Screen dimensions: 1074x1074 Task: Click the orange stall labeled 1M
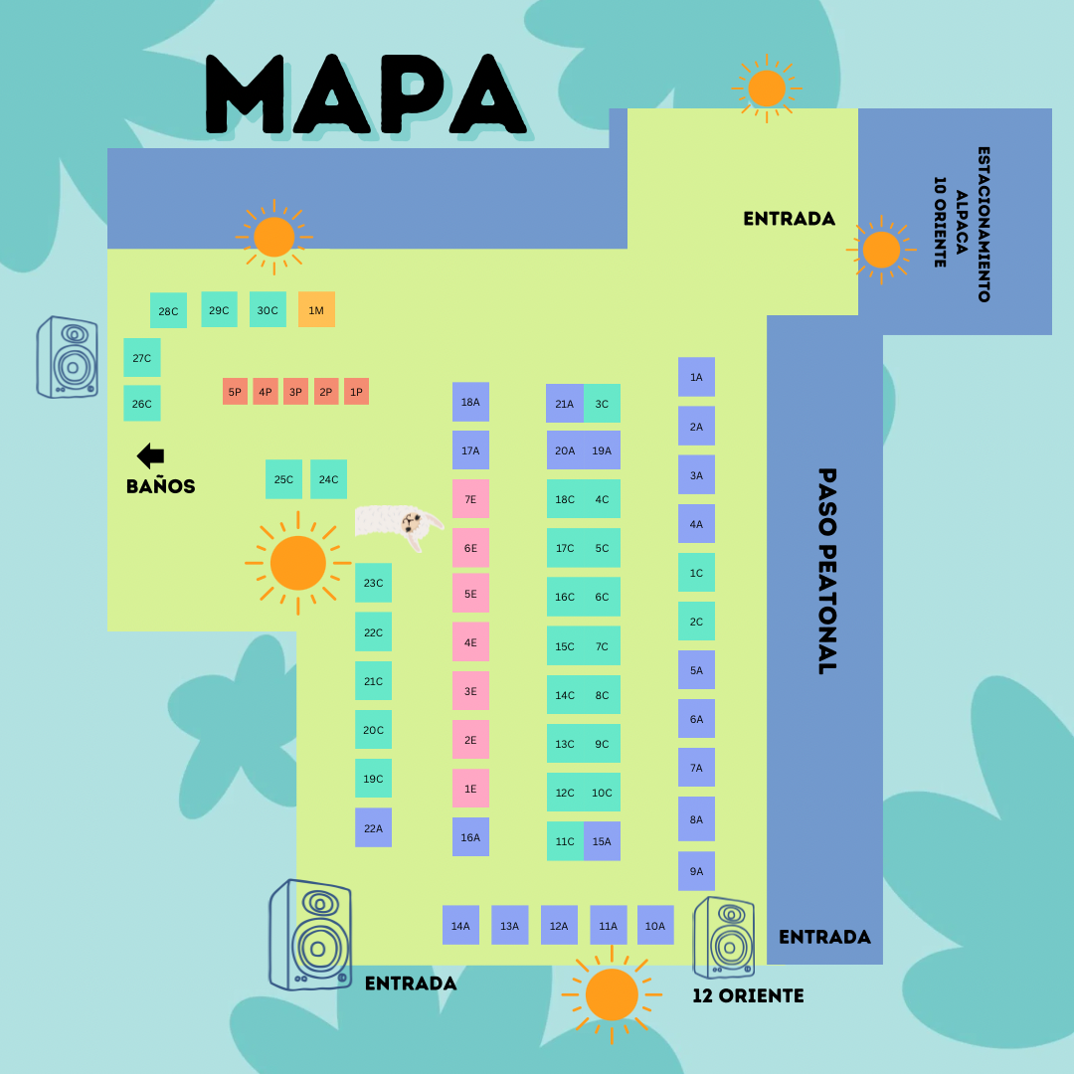pyautogui.click(x=316, y=309)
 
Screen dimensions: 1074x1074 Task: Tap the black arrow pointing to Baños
pyautogui.click(x=150, y=455)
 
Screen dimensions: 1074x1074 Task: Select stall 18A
pyautogui.click(x=470, y=402)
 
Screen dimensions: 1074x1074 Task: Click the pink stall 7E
pyautogui.click(x=470, y=499)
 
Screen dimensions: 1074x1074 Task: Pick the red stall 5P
pyautogui.click(x=235, y=392)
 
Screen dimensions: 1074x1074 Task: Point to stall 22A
pyautogui.click(x=373, y=827)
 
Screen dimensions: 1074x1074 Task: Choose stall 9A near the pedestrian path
pyautogui.click(x=696, y=871)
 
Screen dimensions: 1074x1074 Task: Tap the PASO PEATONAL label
pyautogui.click(x=826, y=571)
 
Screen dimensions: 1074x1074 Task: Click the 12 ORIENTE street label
pyautogui.click(x=748, y=995)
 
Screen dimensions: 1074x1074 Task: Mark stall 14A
pyautogui.click(x=460, y=925)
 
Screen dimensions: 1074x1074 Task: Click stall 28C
pyautogui.click(x=168, y=310)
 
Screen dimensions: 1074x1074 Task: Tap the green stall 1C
pyautogui.click(x=696, y=573)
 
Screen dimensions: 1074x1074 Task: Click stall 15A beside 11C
pyautogui.click(x=603, y=841)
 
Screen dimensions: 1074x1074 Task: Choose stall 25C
pyautogui.click(x=283, y=479)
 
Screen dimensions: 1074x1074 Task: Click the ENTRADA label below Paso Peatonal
pyautogui.click(x=824, y=937)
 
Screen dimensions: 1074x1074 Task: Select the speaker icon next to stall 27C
pyautogui.click(x=68, y=357)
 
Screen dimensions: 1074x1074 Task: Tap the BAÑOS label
pyautogui.click(x=160, y=486)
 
